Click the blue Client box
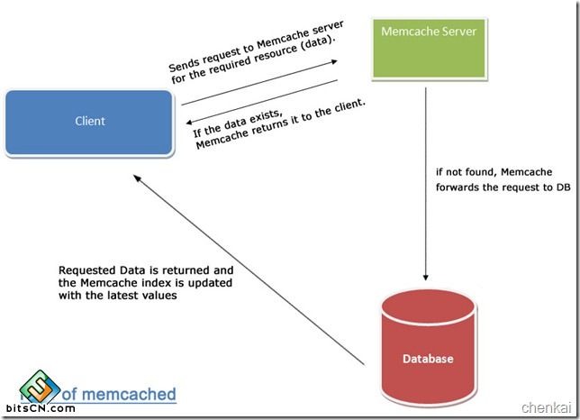[x=89, y=121]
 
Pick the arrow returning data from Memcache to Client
[x=261, y=103]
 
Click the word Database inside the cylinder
[x=428, y=359]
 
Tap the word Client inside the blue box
[x=89, y=121]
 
